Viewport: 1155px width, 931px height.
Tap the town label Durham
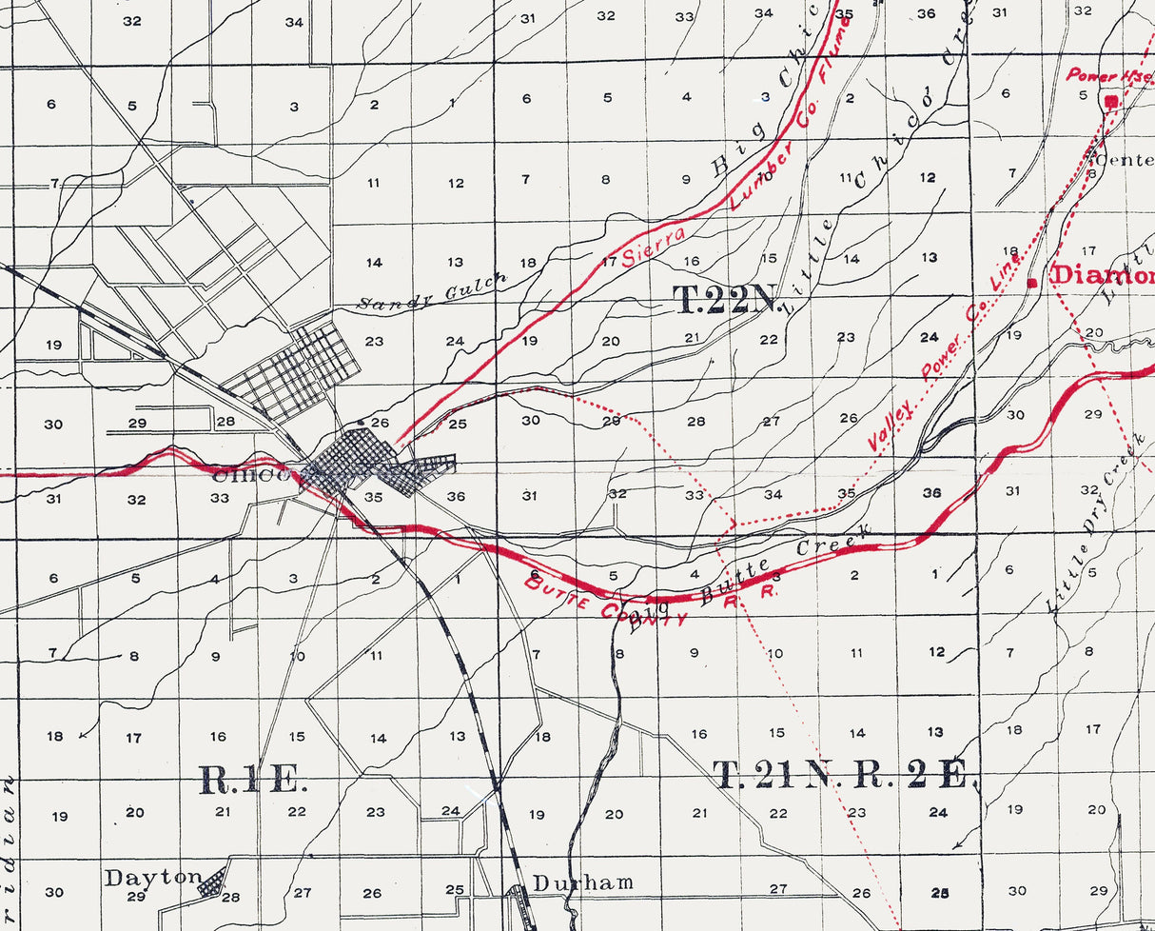tap(582, 882)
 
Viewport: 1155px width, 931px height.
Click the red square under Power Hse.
tap(1110, 101)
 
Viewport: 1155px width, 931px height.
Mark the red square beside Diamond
tap(1032, 282)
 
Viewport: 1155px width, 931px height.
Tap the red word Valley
tap(891, 425)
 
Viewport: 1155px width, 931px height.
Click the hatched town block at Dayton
tap(212, 883)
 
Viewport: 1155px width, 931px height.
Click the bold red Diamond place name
tap(1102, 276)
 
